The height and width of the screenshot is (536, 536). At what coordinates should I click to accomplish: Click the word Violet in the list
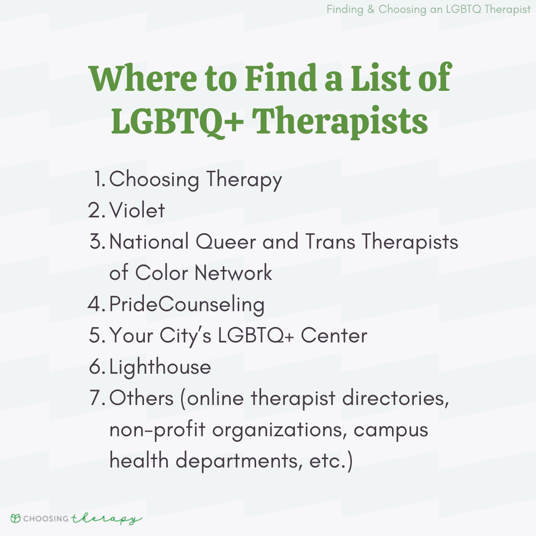click(137, 210)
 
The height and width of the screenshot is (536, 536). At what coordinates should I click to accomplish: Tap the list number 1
click(99, 179)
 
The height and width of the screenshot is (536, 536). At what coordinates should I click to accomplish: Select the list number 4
click(96, 304)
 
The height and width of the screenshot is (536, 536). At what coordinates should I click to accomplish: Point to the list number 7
click(98, 398)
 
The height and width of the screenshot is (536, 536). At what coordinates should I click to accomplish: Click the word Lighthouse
click(160, 367)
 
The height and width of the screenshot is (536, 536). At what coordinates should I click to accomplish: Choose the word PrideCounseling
click(187, 304)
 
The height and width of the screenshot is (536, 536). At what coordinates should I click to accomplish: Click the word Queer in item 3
click(226, 242)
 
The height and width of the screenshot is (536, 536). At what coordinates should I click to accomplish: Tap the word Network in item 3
click(233, 273)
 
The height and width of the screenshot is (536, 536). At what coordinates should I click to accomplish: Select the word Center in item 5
click(334, 335)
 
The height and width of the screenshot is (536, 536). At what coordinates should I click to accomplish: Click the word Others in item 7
click(141, 398)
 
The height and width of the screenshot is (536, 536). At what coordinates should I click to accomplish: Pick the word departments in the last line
click(239, 461)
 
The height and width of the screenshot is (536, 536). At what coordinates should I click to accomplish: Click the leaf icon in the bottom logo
click(15, 518)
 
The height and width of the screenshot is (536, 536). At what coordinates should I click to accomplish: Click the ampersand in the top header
click(371, 9)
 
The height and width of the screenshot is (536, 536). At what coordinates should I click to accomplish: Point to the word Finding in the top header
click(345, 9)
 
